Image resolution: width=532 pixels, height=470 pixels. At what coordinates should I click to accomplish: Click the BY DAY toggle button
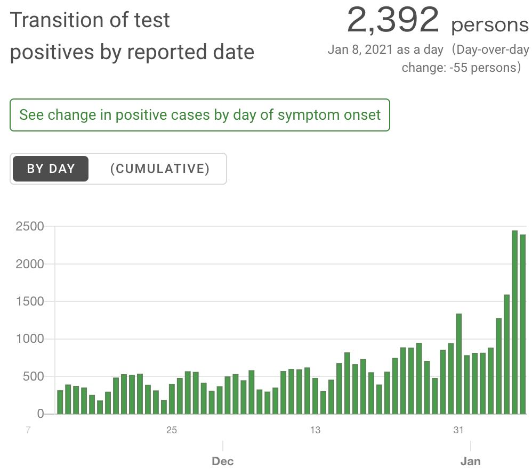[x=51, y=169]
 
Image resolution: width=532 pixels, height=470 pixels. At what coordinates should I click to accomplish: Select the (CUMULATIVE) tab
[x=159, y=169]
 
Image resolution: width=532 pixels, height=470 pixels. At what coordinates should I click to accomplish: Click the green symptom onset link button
[x=200, y=115]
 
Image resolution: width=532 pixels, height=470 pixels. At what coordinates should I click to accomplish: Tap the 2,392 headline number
[x=393, y=21]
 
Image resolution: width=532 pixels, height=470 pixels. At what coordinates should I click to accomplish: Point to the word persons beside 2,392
[x=490, y=25]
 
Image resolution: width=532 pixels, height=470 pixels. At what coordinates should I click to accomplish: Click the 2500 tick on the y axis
[x=29, y=226]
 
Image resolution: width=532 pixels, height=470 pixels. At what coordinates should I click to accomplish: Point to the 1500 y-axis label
[x=29, y=301]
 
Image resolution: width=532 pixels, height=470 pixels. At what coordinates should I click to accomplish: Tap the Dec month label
[x=223, y=461]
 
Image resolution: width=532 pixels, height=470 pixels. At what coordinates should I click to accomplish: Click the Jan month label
[x=471, y=461]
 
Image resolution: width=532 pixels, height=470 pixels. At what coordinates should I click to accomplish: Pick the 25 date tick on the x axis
[x=171, y=430]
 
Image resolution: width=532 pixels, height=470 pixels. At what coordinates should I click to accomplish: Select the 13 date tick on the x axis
[x=315, y=430]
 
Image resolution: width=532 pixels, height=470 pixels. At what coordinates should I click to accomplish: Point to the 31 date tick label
[x=458, y=430]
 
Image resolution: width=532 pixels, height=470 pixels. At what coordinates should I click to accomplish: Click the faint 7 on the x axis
[x=28, y=430]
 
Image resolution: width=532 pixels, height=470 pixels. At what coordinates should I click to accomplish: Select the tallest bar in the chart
[x=514, y=322]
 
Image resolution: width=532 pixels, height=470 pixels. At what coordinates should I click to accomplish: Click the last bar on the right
[x=523, y=324]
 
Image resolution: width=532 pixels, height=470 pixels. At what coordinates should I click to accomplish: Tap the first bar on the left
[x=60, y=402]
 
